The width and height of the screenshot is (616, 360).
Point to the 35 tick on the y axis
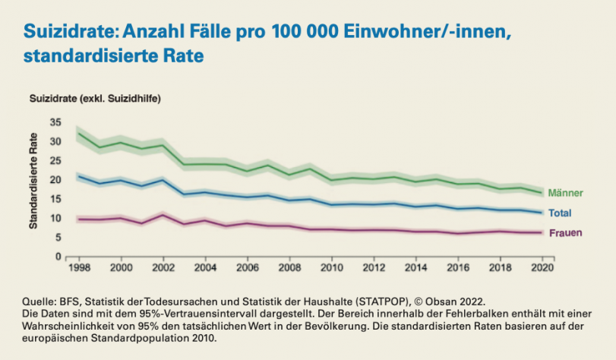click(54, 122)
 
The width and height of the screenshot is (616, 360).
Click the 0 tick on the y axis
click(57, 257)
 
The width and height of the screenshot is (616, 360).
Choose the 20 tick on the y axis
click(54, 180)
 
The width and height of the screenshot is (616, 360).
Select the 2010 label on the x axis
click(330, 269)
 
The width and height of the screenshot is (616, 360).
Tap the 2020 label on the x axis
click(541, 269)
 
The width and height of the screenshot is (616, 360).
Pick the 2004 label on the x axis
click(204, 269)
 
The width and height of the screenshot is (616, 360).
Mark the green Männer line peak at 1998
click(78, 134)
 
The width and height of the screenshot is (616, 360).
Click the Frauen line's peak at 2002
click(161, 215)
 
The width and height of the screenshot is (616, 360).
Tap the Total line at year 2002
click(161, 180)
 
